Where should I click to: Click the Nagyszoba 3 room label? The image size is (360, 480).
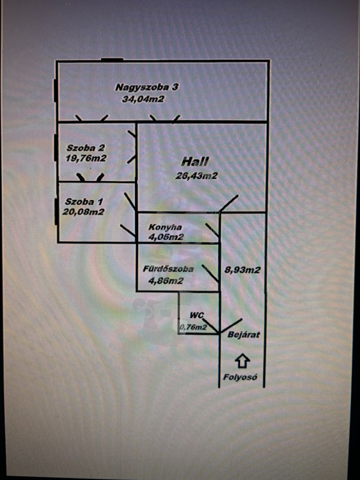[x=147, y=87]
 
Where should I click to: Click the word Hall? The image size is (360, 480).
[x=195, y=162]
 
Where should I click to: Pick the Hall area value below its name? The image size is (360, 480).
[x=197, y=176]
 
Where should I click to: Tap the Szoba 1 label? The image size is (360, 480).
[x=84, y=201]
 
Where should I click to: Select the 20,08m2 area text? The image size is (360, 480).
[x=83, y=211]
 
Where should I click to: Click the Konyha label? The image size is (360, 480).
[x=165, y=227]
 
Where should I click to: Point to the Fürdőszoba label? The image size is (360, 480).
[x=168, y=269]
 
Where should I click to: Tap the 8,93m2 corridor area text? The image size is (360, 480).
[x=242, y=270]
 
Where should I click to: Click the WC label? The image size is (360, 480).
[x=197, y=315]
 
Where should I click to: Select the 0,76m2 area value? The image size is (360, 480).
[x=193, y=328]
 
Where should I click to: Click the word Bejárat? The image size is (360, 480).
[x=244, y=335]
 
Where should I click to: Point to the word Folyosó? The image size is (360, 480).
[x=240, y=377]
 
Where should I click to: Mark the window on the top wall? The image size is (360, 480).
[x=112, y=60]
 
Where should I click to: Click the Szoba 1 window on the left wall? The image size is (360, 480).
[x=56, y=211]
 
